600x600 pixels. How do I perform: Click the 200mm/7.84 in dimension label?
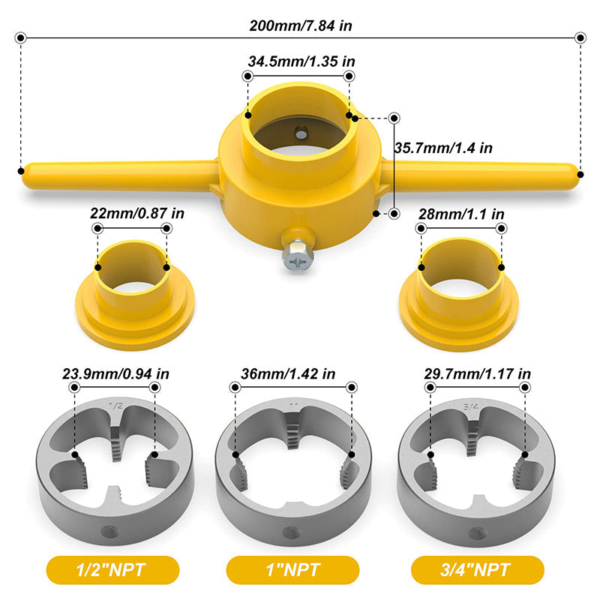[301, 25]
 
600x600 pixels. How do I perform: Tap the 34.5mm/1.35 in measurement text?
[298, 62]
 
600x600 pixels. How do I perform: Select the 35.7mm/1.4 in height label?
[443, 148]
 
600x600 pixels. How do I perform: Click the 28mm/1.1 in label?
[461, 213]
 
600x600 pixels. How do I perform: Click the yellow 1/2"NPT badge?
[112, 571]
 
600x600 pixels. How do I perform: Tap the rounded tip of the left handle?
[28, 169]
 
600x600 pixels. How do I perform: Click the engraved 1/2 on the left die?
[116, 406]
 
